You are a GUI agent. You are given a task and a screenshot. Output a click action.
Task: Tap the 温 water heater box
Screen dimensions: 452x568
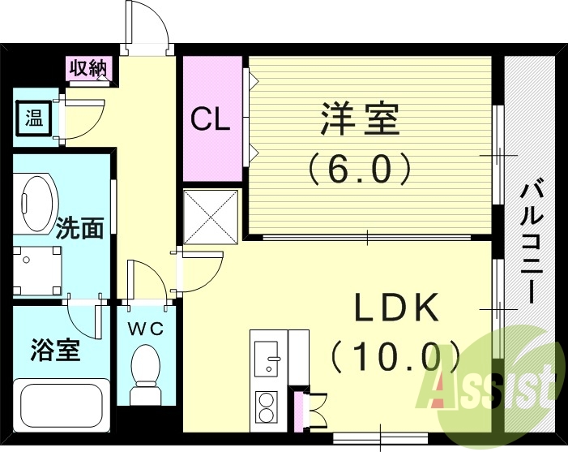[x=33, y=119]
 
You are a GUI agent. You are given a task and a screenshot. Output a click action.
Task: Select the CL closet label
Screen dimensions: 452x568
[x=211, y=119]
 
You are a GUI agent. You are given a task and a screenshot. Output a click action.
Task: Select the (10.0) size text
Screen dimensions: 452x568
[x=395, y=355]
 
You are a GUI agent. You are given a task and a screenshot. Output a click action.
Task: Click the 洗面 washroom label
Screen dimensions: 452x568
[x=79, y=229]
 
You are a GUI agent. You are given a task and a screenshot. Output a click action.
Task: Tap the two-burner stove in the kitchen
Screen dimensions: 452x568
[x=267, y=407]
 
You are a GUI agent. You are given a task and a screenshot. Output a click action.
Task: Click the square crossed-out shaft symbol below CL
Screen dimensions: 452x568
[x=211, y=216]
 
